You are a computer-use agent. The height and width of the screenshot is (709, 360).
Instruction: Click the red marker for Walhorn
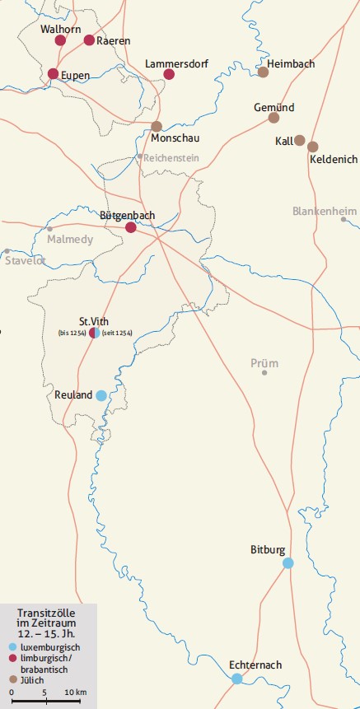point(60,40)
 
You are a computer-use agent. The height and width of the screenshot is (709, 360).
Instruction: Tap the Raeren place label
point(113,40)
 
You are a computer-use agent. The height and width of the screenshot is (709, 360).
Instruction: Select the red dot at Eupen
point(53,74)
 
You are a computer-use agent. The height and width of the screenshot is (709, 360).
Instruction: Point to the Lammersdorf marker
point(169,74)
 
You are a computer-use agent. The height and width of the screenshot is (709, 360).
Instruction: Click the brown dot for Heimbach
point(264,72)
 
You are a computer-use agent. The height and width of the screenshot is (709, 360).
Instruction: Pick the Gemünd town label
point(274,107)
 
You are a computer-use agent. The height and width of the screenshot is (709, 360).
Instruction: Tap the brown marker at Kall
point(300,140)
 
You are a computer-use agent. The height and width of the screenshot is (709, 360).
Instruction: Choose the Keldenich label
point(334,159)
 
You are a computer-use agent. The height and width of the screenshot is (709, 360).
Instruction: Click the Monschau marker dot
point(157,126)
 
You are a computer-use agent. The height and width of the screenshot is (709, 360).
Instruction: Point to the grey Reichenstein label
point(175,156)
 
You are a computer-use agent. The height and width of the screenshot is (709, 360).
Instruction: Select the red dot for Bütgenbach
point(130,228)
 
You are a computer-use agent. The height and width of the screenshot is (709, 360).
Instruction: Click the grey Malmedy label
point(70,240)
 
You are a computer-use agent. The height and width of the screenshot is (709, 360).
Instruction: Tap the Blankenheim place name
point(325,212)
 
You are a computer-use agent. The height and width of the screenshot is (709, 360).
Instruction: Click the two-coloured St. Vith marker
point(95,333)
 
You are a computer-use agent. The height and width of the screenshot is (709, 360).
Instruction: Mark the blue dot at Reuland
point(101,395)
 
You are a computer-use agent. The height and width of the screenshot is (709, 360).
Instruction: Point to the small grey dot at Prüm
point(264,373)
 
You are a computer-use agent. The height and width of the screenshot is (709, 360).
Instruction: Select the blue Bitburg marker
point(288,563)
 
